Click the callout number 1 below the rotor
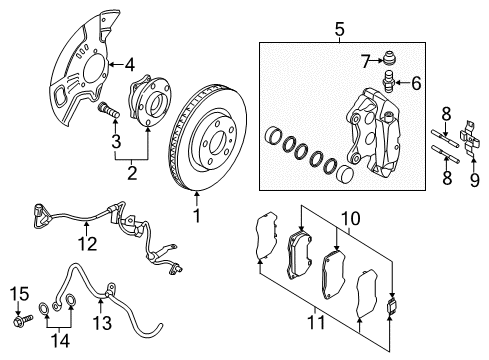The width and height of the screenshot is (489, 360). point(197,216)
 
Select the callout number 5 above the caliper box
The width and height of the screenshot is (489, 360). point(339,29)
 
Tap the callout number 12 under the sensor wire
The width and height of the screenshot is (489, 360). point(87,244)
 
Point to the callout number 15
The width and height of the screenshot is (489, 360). point(19,294)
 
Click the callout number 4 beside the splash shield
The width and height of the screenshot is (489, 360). point(130,65)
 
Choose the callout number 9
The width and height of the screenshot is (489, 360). point(475,180)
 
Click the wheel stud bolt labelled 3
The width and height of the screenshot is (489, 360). point(108,110)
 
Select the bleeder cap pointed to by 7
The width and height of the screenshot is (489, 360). point(387,57)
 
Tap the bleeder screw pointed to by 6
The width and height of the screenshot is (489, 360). point(387,81)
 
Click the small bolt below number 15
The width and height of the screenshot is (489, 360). point(23,320)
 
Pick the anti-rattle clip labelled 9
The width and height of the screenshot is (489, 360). point(469,138)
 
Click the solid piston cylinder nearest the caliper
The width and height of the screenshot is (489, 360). point(344,173)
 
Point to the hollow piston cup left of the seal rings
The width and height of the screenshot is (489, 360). point(273,136)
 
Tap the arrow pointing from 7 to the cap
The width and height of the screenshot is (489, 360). point(376,61)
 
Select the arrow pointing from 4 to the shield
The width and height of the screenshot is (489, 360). point(116,64)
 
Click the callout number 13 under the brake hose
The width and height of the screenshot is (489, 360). point(102,323)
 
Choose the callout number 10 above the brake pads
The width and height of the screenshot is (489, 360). point(351,219)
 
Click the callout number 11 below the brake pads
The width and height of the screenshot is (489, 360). point(316,322)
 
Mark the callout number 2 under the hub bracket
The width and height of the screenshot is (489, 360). point(132,173)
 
